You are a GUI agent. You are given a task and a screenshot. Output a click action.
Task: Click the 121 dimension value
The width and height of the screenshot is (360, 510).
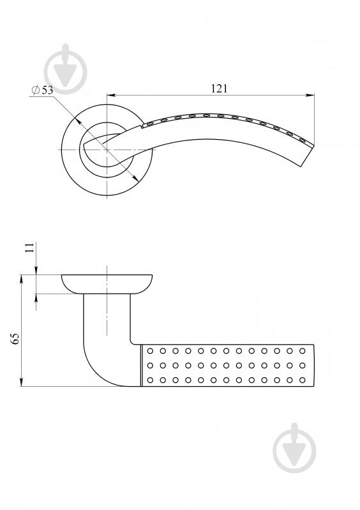tap(219, 89)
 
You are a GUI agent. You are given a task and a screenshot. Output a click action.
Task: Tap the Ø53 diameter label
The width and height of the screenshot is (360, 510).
tap(42, 90)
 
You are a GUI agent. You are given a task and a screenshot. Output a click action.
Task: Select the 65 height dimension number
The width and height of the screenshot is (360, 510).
tap(15, 338)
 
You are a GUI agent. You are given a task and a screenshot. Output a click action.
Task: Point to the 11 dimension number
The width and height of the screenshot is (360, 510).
tap(29, 248)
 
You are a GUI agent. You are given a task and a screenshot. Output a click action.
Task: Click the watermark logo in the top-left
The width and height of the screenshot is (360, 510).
tap(66, 69)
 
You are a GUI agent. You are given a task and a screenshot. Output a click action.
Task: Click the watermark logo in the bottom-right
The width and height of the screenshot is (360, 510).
tap(295, 448)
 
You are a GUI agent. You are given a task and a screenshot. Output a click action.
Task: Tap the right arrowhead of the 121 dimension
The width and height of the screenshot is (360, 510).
tap(310, 95)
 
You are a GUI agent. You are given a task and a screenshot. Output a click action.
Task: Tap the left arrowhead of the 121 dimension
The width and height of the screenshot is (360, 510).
tap(112, 95)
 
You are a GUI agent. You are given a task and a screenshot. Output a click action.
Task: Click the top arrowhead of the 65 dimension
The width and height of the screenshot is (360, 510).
tap(22, 280)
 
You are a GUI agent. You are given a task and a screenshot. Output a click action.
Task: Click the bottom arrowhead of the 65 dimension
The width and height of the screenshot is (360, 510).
tap(22, 382)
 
